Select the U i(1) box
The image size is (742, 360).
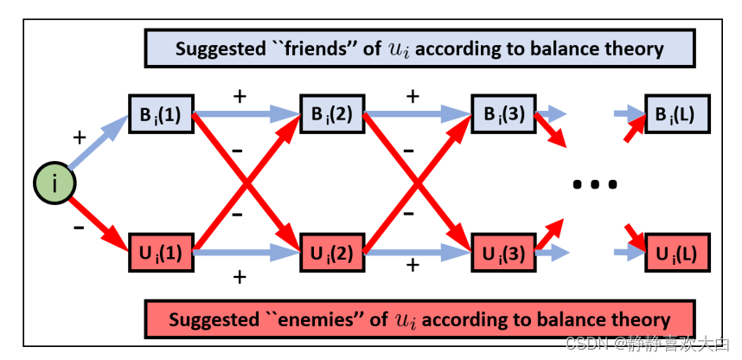[x=160, y=253]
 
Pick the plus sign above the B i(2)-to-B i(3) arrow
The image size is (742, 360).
[x=413, y=94]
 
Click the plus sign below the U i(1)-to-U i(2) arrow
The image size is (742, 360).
[x=240, y=277]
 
